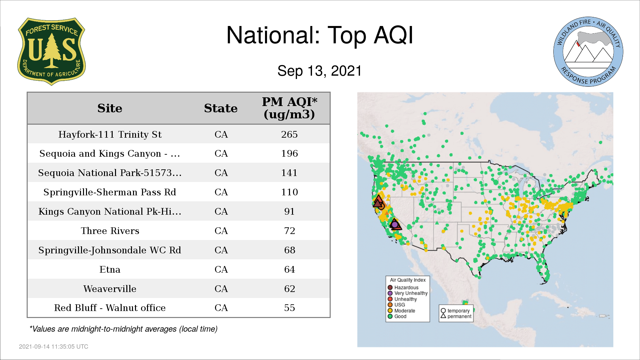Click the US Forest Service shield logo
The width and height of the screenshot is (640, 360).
51,52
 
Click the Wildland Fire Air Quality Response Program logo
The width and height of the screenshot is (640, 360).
588,52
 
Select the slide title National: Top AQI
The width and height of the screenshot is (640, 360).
320,35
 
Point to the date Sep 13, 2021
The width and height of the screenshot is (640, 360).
320,71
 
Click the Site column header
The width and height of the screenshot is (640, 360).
110,108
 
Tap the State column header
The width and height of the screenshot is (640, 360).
221,108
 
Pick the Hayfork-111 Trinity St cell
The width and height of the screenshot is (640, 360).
110,134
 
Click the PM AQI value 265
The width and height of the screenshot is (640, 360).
289,134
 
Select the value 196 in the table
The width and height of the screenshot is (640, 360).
289,153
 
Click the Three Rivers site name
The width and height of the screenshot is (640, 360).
110,231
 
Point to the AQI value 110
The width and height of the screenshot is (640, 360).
289,192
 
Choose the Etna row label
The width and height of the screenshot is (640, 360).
110,269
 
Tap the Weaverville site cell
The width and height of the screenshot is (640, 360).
110,289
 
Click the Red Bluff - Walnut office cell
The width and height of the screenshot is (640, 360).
110,308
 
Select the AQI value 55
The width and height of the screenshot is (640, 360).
289,308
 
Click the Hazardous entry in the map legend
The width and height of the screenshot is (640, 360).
403,287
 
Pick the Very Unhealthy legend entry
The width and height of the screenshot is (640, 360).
408,293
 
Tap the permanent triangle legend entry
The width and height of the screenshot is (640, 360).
456,316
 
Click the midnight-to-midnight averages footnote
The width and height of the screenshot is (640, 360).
123,329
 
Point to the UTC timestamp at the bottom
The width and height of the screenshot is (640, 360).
54,347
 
